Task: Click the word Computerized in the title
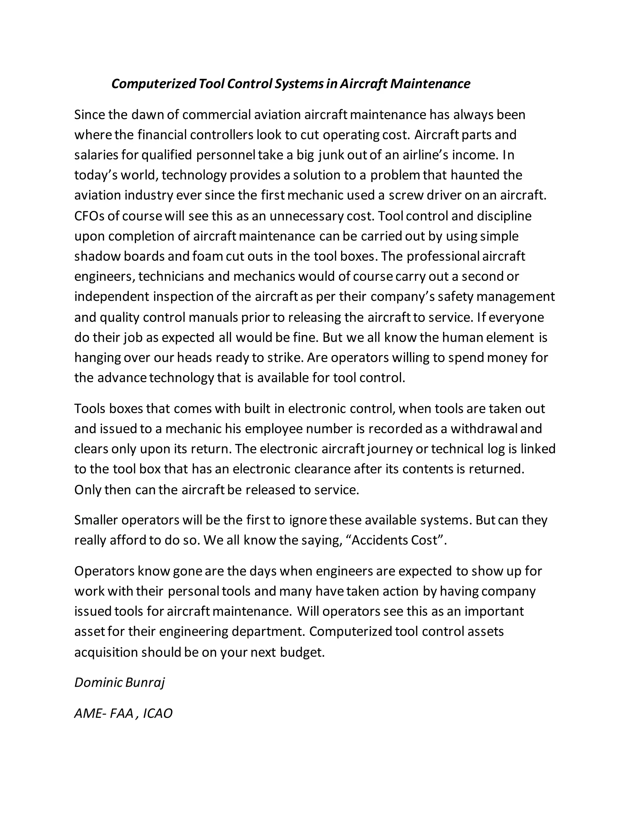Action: pos(154,84)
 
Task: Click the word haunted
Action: pos(474,175)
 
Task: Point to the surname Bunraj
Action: pos(145,683)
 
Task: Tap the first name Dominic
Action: pos(98,683)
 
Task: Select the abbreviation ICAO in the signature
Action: pos(157,714)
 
